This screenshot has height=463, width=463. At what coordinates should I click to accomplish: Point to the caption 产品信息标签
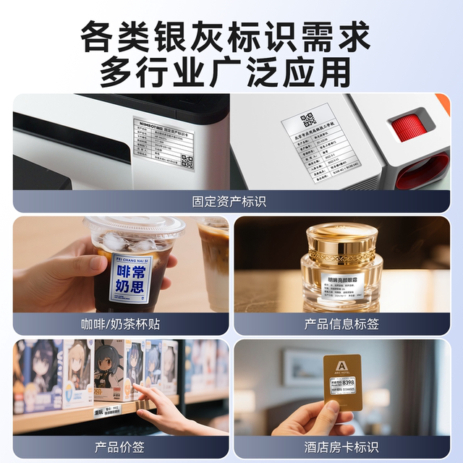pyautogui.click(x=341, y=323)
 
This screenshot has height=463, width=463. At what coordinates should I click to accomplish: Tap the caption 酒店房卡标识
pyautogui.click(x=341, y=446)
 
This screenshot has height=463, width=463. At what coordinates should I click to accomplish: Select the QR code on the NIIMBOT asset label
pyautogui.click(x=188, y=161)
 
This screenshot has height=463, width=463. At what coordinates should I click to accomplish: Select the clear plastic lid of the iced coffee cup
pyautogui.click(x=135, y=230)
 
